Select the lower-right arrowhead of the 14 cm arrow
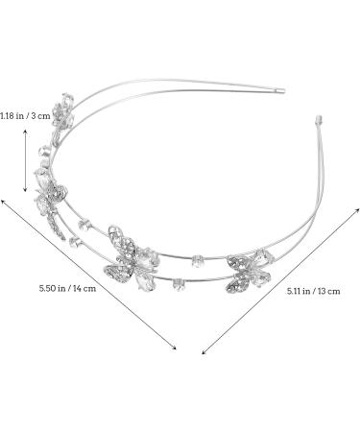pos(174,349)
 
